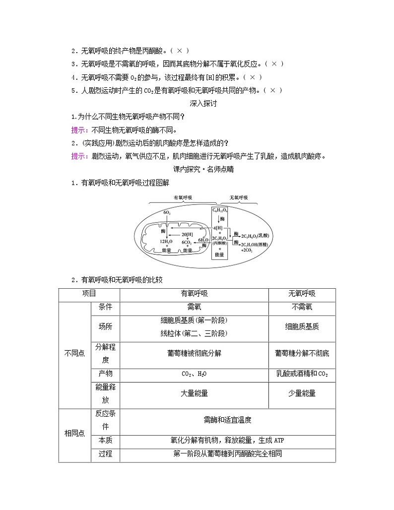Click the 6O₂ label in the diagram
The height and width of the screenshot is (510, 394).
click(167, 213)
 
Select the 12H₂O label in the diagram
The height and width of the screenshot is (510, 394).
click(166, 241)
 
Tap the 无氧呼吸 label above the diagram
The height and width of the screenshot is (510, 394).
click(239, 197)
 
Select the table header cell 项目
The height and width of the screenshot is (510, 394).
click(89, 294)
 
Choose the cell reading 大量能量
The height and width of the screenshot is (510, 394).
click(194, 393)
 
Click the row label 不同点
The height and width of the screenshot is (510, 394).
click(75, 353)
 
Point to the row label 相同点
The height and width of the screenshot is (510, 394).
click(75, 433)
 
